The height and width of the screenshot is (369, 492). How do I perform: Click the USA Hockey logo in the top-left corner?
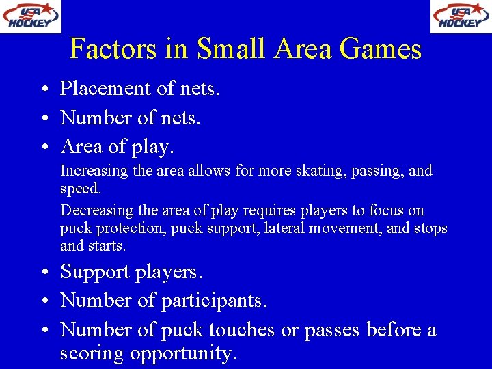(30, 16)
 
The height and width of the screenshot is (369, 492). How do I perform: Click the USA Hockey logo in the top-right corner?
(461, 16)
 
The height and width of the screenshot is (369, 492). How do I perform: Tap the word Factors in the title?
(113, 49)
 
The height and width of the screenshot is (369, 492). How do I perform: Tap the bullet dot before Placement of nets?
(43, 90)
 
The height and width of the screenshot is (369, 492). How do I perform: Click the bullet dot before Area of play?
(43, 148)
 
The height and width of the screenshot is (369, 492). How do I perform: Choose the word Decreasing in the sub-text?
(96, 210)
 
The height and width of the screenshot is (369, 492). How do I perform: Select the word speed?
(80, 188)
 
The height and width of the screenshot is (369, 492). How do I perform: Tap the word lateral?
(285, 228)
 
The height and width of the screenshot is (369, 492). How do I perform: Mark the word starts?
(105, 245)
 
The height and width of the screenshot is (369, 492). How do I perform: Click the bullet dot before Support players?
(43, 273)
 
